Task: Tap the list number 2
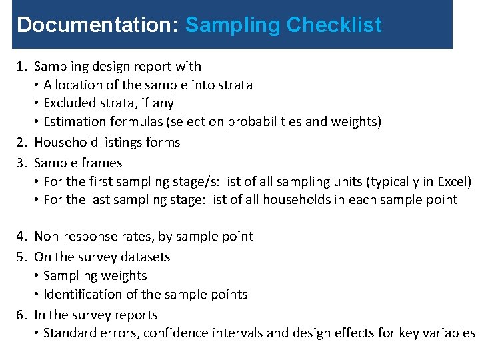pos(21,143)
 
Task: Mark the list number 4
pos(21,237)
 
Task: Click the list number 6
pos(21,315)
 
